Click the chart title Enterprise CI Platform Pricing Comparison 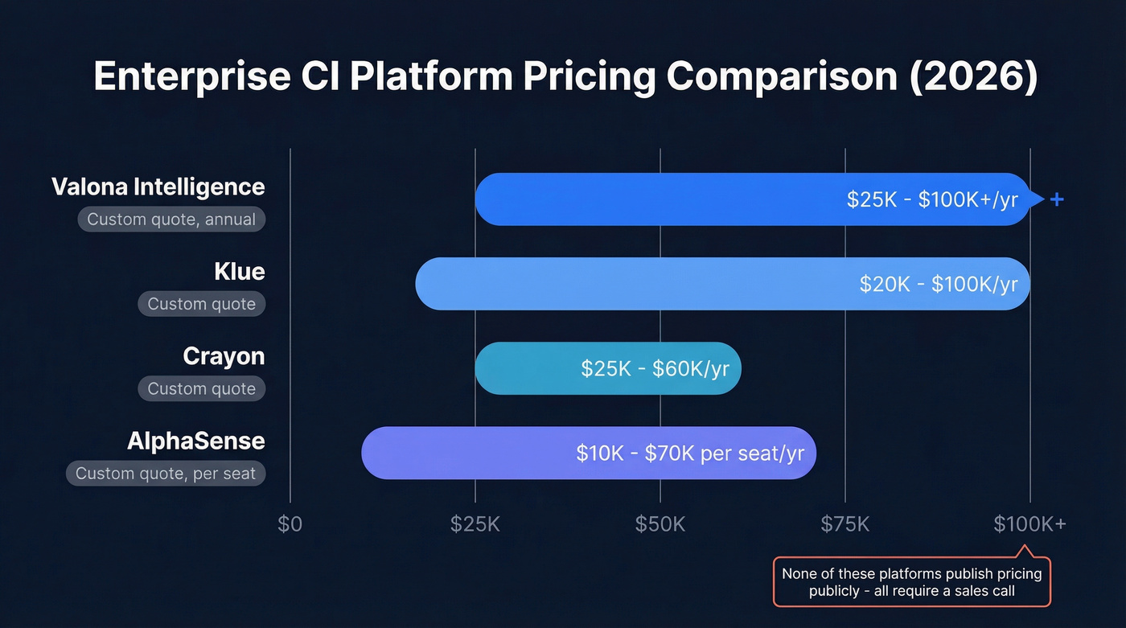[565, 77]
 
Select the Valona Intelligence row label [158, 187]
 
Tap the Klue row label [239, 272]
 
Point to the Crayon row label [224, 356]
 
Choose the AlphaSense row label [195, 441]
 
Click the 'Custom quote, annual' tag [171, 220]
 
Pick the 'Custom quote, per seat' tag [166, 474]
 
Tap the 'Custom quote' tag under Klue [201, 304]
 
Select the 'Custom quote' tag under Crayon [201, 389]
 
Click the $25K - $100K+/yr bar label [932, 199]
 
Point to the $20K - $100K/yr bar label [939, 284]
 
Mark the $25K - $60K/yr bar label [655, 368]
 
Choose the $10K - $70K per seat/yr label [690, 453]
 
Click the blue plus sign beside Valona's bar [1057, 199]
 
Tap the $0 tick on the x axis [290, 525]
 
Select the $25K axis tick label [475, 525]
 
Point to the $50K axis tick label [660, 525]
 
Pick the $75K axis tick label [844, 525]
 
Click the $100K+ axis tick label [1029, 525]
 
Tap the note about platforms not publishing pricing [911, 582]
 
